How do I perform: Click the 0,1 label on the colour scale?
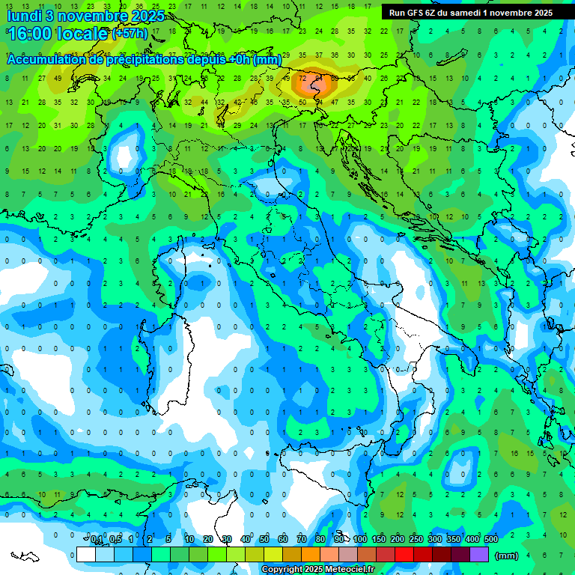pyautogui.click(x=97, y=539)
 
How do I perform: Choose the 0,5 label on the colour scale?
pyautogui.click(x=115, y=539)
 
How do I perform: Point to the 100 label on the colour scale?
pyautogui.click(x=360, y=539)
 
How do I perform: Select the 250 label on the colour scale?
pyautogui.click(x=416, y=539)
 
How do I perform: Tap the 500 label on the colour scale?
pyautogui.click(x=491, y=539)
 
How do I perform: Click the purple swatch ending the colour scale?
pyautogui.click(x=479, y=554)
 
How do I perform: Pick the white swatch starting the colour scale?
pyautogui.click(x=86, y=554)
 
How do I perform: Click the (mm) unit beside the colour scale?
pyautogui.click(x=507, y=556)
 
